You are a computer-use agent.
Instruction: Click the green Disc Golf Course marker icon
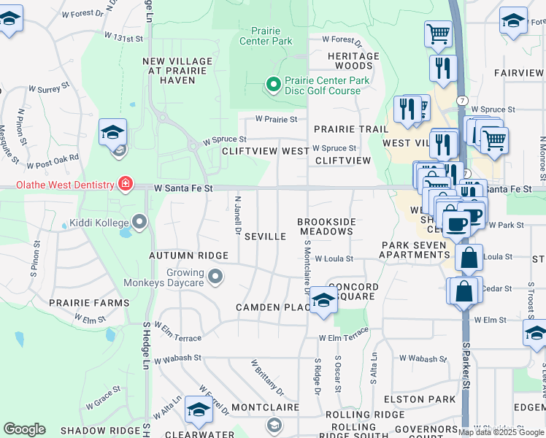[x=274, y=85]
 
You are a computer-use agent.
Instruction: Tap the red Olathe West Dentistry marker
[x=126, y=182]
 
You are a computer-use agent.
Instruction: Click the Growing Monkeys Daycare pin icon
[x=215, y=277]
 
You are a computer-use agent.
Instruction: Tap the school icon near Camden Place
[x=323, y=300]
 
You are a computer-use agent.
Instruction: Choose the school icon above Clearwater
[x=198, y=410]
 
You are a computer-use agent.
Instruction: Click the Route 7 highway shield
[x=462, y=99]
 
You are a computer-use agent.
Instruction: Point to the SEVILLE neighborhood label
[x=264, y=237]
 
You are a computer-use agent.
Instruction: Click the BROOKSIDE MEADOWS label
[x=326, y=226]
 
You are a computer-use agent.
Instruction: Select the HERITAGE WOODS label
[x=353, y=61]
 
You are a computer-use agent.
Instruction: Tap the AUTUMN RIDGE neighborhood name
[x=188, y=255]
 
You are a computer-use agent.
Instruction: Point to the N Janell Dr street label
[x=238, y=213]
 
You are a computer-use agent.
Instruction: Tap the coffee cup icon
[x=457, y=223]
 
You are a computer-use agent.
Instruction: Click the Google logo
[x=24, y=429]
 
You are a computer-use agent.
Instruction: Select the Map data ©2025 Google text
[x=501, y=432]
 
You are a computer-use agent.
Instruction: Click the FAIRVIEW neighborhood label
[x=518, y=73]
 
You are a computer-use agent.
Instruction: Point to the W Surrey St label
[x=48, y=88]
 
